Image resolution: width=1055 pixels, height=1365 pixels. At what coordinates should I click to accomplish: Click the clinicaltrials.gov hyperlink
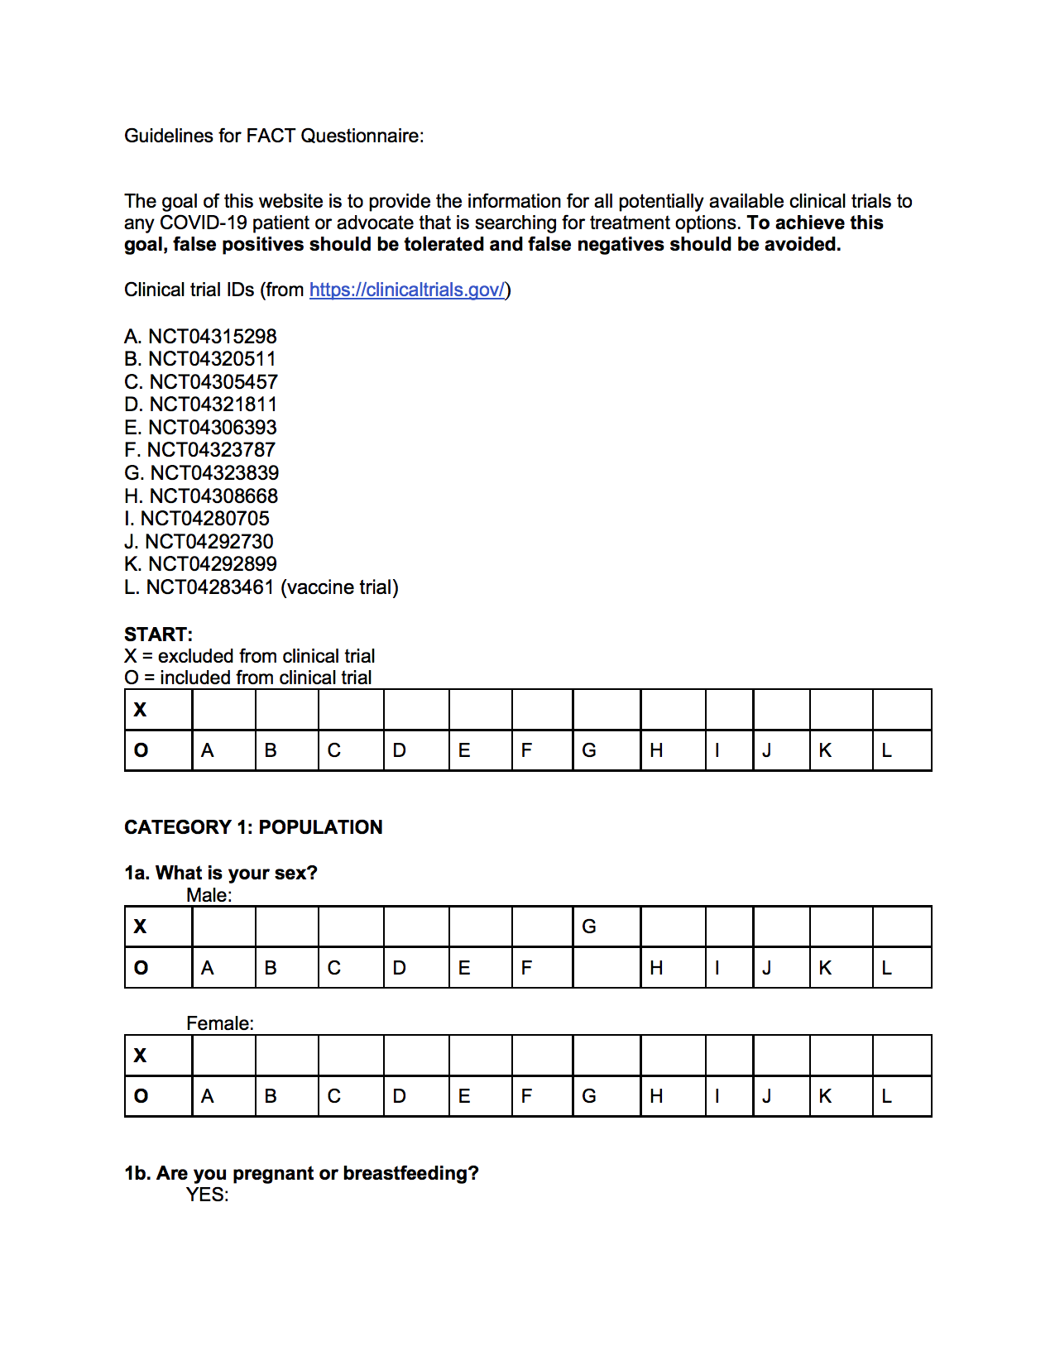pos(407,290)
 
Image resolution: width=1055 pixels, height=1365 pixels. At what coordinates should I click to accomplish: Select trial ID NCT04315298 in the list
pos(200,337)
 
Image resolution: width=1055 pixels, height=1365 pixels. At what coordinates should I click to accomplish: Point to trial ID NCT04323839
pos(202,473)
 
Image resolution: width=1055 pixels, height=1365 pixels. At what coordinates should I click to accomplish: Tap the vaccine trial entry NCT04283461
pos(261,587)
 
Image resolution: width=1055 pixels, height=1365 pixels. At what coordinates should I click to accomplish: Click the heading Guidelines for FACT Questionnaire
pos(274,136)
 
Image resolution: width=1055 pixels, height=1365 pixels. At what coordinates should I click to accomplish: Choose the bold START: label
pos(158,635)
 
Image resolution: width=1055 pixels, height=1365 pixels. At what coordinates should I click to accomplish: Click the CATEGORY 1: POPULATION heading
pos(253,827)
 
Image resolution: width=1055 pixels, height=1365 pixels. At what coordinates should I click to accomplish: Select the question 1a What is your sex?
pos(221,873)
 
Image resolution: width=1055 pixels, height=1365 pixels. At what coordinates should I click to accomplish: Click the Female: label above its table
pos(220,1023)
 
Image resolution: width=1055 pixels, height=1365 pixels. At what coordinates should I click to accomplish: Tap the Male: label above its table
pos(209,895)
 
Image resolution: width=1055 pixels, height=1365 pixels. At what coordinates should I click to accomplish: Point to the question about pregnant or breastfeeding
pos(301,1173)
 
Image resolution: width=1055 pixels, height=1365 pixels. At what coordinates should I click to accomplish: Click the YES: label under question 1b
pos(207,1195)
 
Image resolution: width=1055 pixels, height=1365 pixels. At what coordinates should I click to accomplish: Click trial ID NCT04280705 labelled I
pos(197,519)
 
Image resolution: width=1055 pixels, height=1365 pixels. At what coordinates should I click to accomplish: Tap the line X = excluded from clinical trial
pos(249,656)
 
